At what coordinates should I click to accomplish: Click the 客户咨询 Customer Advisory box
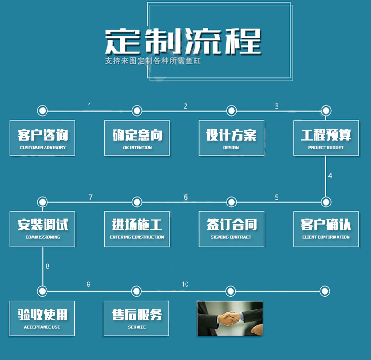click(x=43, y=138)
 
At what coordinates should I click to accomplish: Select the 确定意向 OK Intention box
click(x=137, y=138)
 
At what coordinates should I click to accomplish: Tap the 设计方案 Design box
click(x=231, y=138)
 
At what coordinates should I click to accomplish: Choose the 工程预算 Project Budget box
click(x=325, y=138)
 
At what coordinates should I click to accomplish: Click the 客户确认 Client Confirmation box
click(x=325, y=228)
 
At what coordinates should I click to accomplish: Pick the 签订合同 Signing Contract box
click(x=231, y=228)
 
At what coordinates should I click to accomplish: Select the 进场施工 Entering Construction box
click(x=137, y=228)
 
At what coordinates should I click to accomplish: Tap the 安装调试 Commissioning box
click(x=43, y=228)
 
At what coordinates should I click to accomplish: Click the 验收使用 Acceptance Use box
click(x=43, y=318)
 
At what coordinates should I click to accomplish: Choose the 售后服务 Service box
click(x=137, y=318)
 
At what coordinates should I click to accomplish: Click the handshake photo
click(x=230, y=318)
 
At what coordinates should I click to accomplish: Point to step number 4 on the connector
click(x=330, y=176)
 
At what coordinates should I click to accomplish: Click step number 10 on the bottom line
click(x=185, y=284)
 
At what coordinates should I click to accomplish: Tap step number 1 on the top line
click(x=90, y=105)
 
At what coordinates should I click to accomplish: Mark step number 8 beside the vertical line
click(x=48, y=266)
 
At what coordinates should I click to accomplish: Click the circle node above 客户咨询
click(x=43, y=110)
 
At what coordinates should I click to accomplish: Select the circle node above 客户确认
click(x=325, y=202)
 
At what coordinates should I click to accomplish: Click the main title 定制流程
click(x=183, y=42)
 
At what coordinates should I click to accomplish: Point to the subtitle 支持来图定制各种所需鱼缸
click(x=153, y=62)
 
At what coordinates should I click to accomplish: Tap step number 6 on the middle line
click(x=185, y=197)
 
